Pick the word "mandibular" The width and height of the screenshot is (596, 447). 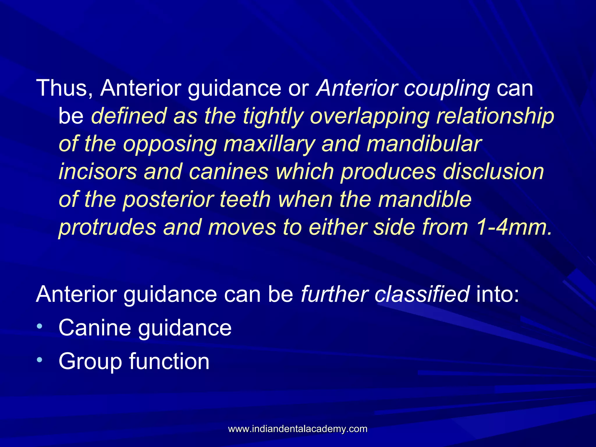coord(424,144)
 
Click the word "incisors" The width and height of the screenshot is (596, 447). coord(98,172)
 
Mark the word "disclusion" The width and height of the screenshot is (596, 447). coord(493,172)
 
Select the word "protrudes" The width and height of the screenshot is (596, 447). coord(107,228)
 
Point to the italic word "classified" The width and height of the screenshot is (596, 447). coord(422,294)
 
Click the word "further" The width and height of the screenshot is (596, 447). coord(334,294)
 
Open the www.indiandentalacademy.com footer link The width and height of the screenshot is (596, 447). coord(298,429)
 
